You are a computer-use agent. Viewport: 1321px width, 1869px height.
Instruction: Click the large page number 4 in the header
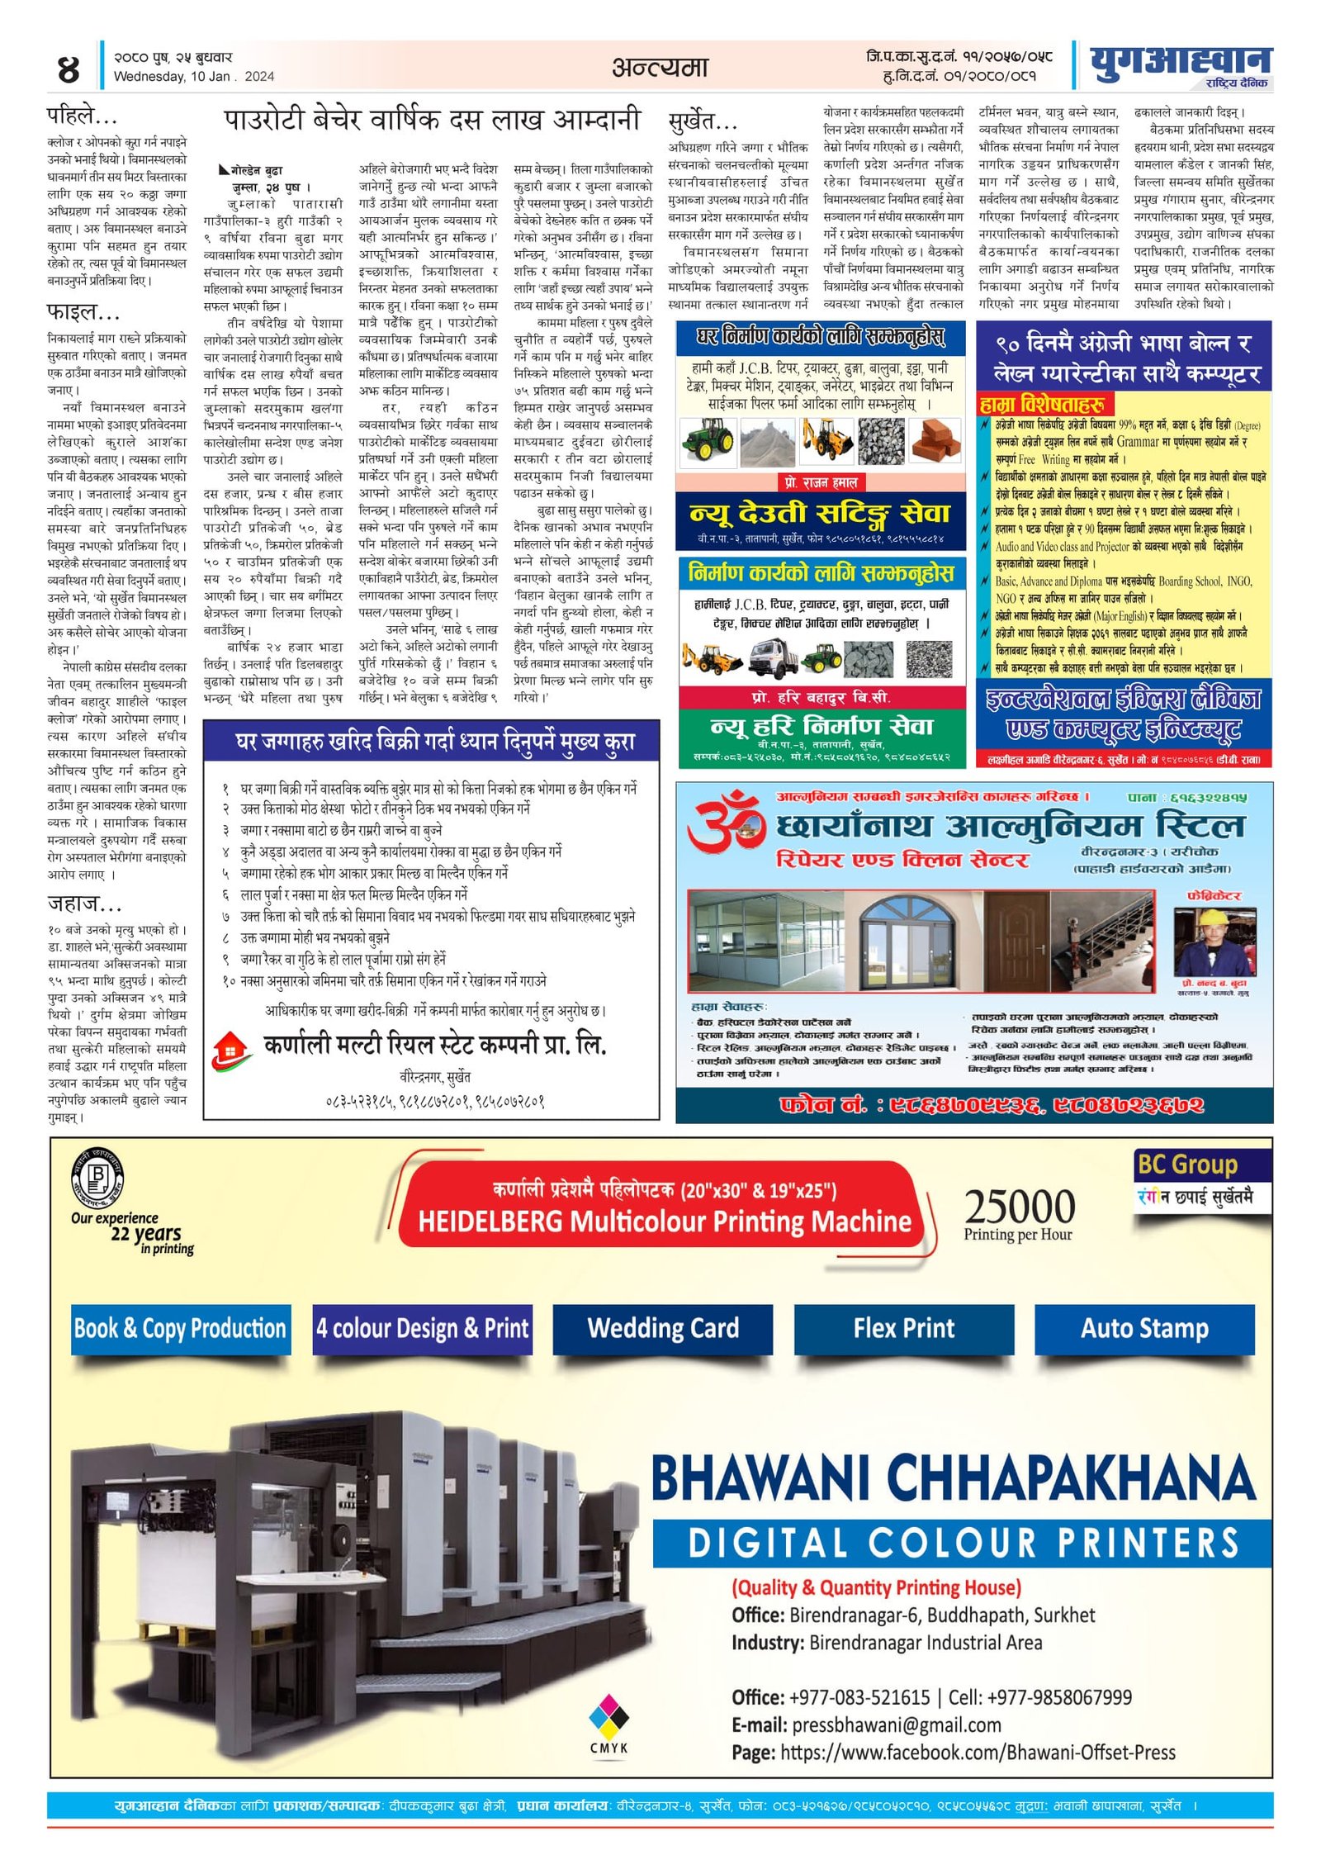coord(68,69)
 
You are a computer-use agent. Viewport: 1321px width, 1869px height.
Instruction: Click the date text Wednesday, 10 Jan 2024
coord(193,77)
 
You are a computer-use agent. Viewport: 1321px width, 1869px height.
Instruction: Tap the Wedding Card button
coord(663,1328)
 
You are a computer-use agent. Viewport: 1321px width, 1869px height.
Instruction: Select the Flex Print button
coord(904,1328)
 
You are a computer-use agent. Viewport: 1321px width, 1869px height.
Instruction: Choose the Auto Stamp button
coord(1144,1328)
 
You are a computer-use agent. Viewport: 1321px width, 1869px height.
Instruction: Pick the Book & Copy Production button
coord(180,1328)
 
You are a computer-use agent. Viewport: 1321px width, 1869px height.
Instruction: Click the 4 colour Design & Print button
coord(422,1328)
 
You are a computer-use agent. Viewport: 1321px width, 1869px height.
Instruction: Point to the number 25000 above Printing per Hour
coord(1020,1207)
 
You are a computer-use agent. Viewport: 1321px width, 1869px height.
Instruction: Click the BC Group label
coord(1187,1165)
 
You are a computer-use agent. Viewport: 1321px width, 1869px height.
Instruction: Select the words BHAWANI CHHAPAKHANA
coord(954,1478)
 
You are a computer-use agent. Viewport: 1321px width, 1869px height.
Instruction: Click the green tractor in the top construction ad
coord(708,439)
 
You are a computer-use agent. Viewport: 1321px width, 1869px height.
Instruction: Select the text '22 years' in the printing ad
coord(146,1234)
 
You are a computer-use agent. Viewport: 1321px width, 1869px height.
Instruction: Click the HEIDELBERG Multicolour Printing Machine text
coord(665,1221)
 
